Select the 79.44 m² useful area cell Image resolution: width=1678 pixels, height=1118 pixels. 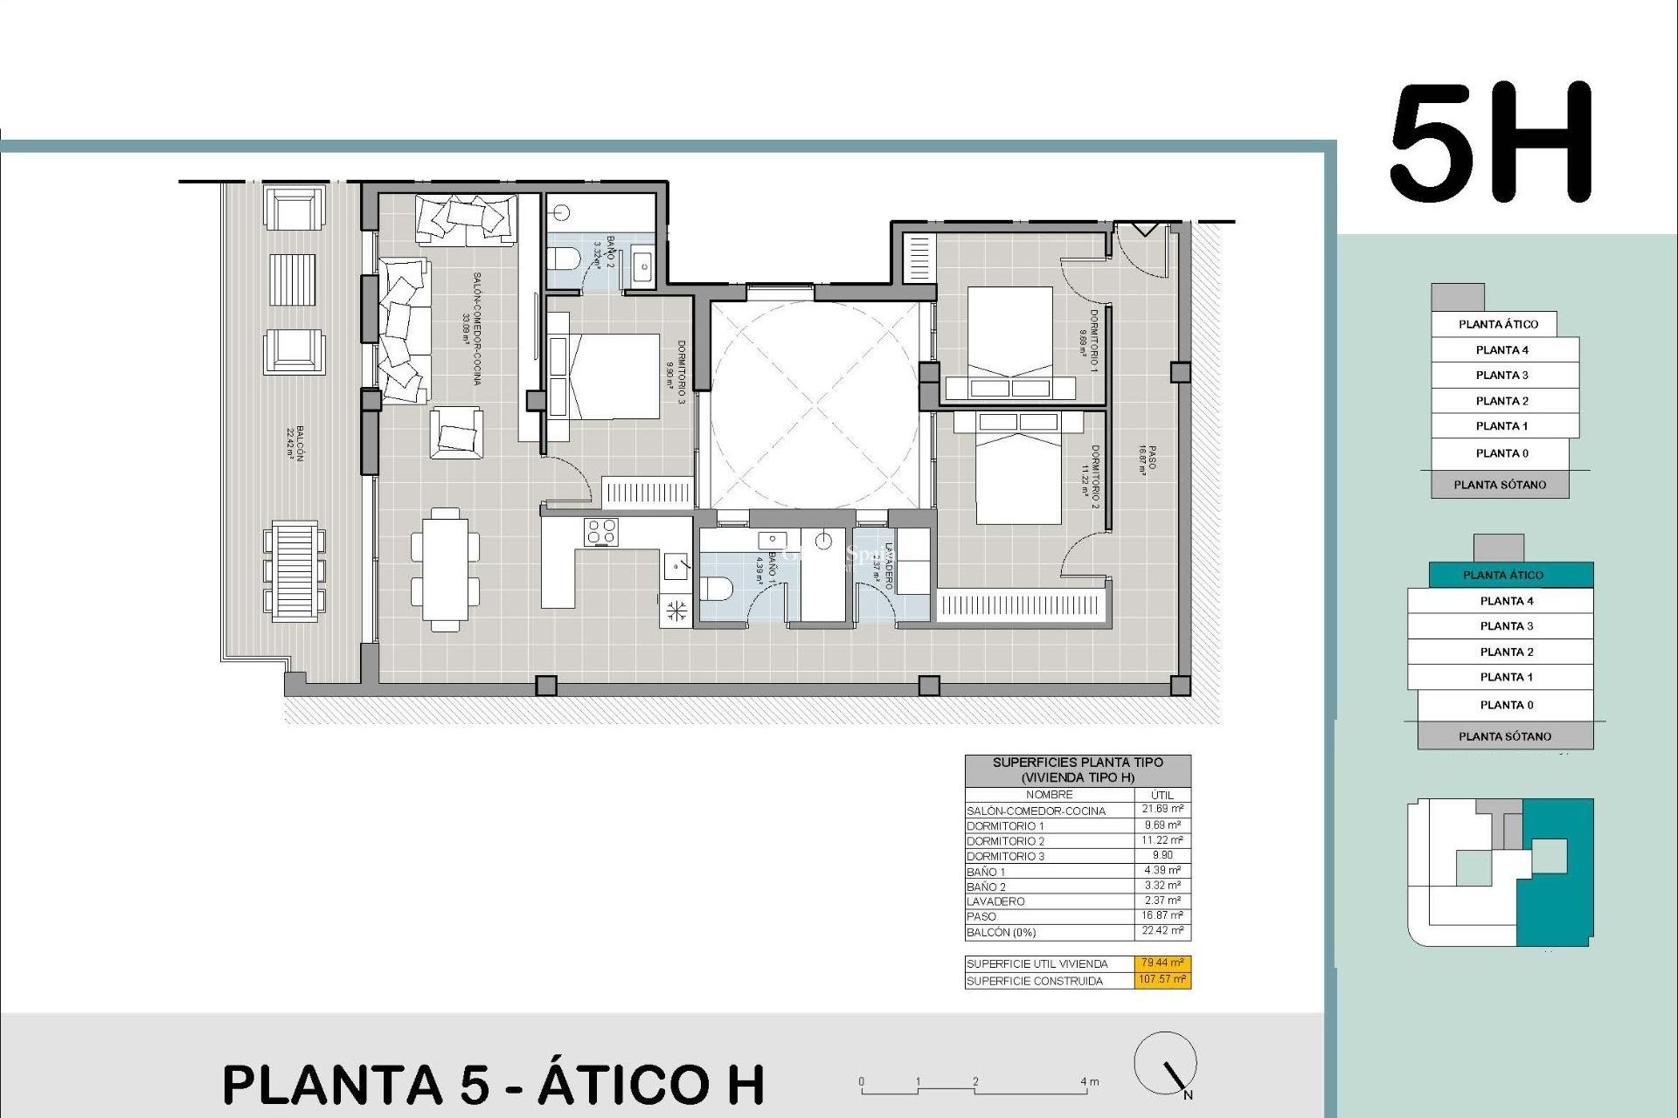1162,963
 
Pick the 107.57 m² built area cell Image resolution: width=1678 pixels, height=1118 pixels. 1162,980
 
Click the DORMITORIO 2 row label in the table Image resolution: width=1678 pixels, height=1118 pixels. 1005,841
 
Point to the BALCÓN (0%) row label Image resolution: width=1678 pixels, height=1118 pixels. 1001,933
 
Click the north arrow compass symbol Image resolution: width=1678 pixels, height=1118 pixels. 1166,1065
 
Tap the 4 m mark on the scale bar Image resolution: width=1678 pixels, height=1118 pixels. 1089,1082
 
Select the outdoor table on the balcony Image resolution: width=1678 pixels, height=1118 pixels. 295,571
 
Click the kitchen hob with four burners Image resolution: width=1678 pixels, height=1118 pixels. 601,532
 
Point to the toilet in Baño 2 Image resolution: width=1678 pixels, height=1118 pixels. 564,259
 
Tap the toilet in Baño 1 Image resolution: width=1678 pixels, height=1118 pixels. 717,589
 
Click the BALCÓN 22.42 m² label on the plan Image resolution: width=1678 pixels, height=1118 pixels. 296,443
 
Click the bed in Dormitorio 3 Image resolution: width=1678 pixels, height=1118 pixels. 612,376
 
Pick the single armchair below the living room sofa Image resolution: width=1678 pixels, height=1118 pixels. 456,433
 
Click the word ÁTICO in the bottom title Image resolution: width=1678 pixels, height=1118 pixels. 652,1085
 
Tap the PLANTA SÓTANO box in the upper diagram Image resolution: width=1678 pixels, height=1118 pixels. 1500,485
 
